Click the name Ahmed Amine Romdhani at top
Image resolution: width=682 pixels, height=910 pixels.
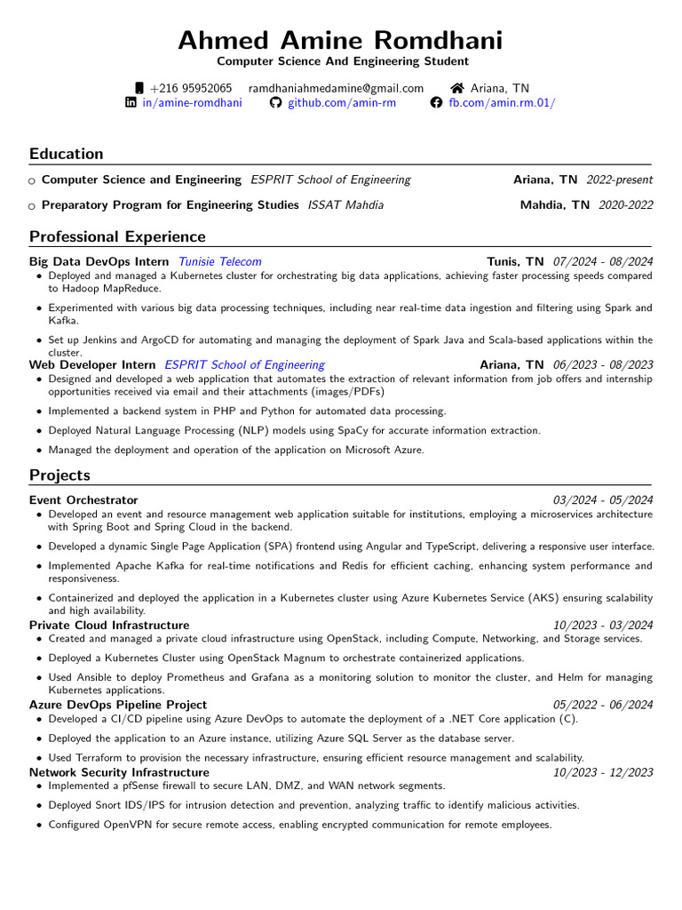pos(341,40)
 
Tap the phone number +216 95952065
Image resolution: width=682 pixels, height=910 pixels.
pos(191,88)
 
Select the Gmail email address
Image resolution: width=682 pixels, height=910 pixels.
pos(336,88)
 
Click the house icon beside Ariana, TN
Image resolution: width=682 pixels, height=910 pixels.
pos(457,88)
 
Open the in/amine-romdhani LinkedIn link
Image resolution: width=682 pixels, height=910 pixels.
pos(192,103)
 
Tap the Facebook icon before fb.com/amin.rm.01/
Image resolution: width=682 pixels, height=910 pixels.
pos(436,103)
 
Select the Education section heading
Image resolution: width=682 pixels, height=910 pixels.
pos(67,154)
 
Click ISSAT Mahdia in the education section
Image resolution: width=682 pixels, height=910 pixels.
pos(345,205)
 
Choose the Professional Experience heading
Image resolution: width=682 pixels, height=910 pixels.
pos(117,236)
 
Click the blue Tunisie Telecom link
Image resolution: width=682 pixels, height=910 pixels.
pos(220,261)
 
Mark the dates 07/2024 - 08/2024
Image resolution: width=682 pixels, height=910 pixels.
pos(602,261)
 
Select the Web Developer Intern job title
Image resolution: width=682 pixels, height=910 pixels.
pos(92,364)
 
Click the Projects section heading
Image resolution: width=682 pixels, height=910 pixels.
pos(59,475)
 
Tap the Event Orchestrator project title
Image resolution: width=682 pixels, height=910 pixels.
pos(83,500)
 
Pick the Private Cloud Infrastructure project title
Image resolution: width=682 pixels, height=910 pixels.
pos(109,625)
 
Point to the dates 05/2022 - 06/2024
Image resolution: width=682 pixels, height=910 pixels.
pos(602,705)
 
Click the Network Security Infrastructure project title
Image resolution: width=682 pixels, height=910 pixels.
pos(119,772)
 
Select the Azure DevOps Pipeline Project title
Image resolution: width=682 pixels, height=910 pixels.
pos(118,705)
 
